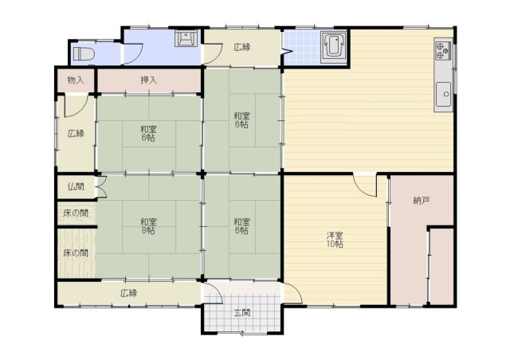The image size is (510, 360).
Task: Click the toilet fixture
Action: tap(84, 53)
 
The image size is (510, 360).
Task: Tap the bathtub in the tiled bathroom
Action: tap(335, 47)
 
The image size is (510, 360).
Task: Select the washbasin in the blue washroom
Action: tap(186, 38)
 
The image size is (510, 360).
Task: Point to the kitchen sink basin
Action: tap(443, 94)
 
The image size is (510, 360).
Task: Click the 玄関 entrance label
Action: tap(242, 313)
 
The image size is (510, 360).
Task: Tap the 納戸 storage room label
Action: tap(422, 201)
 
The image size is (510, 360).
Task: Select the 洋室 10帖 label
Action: tap(335, 240)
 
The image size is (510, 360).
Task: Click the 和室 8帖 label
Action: tap(148, 226)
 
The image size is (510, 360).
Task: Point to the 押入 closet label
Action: tap(149, 80)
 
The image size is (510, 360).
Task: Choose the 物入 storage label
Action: tap(76, 80)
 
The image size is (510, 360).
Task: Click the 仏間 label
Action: tap(76, 186)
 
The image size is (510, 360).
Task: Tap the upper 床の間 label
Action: tap(76, 213)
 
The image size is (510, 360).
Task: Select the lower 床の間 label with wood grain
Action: tap(76, 253)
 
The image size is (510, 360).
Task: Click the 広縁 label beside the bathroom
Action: tap(242, 48)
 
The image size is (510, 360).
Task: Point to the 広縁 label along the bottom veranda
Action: tap(129, 293)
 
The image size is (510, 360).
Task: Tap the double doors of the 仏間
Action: tap(102, 186)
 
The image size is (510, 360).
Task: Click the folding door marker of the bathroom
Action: tap(287, 52)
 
